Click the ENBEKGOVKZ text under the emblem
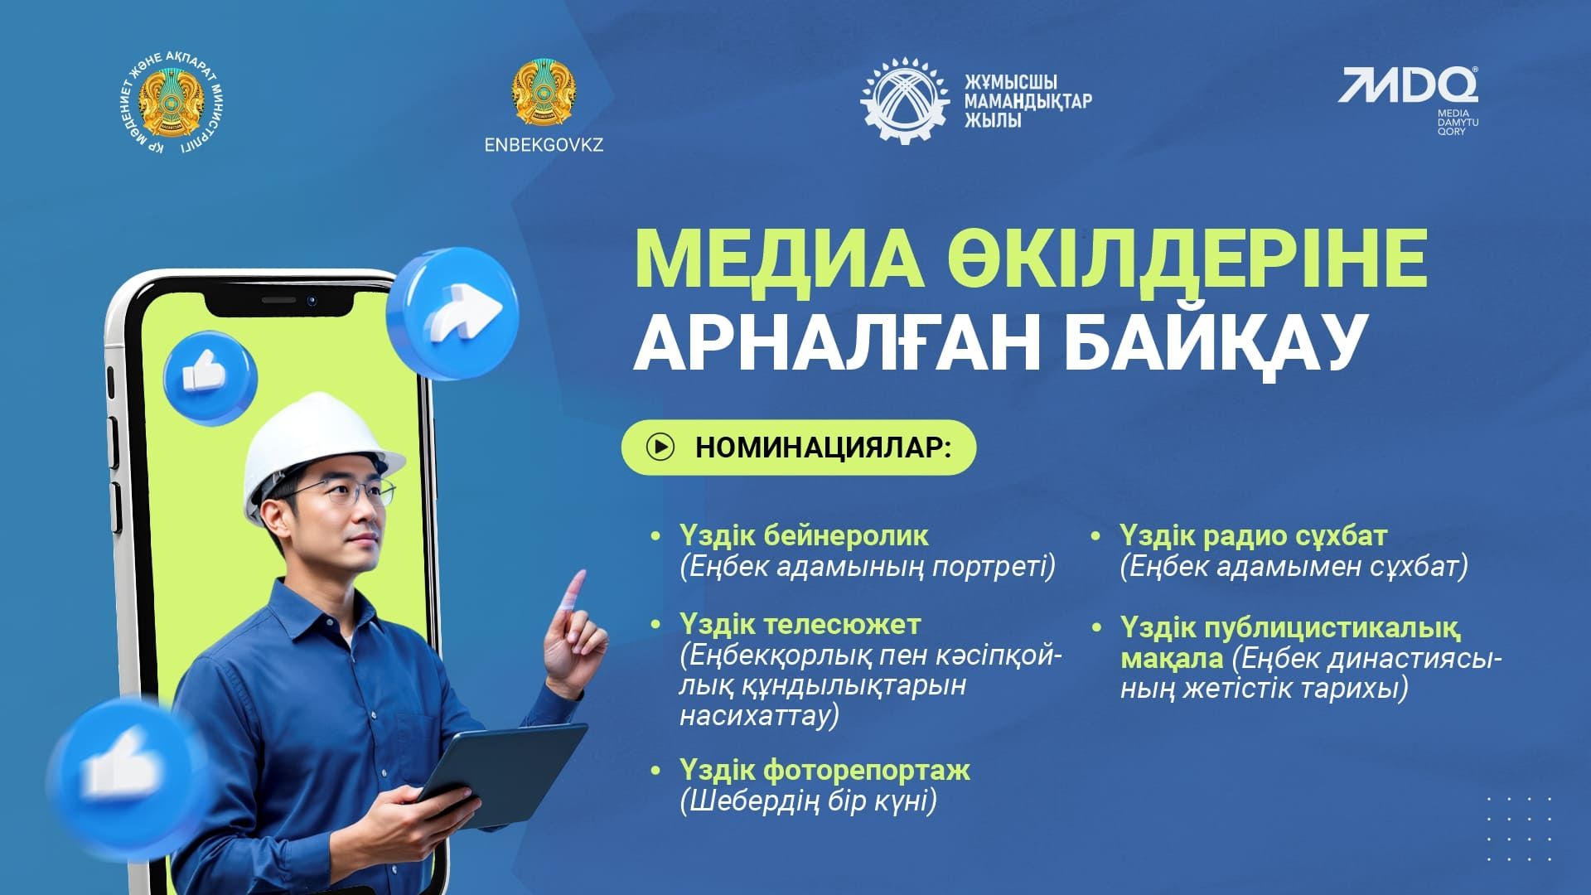click(544, 144)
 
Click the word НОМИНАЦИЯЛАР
click(822, 447)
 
